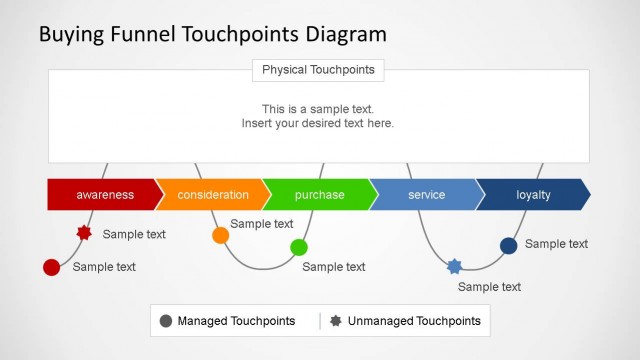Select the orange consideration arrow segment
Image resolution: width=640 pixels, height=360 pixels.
coord(212,195)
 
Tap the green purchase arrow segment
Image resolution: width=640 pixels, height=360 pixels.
coord(319,195)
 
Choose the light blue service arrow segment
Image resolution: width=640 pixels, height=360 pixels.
coord(426,195)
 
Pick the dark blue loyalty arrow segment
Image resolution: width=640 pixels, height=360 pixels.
coord(533,195)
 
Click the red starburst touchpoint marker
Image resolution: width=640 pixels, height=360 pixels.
coord(84,233)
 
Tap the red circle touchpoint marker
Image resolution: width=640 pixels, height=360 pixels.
coord(51,267)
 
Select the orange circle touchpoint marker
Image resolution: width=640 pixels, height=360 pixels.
coord(220,235)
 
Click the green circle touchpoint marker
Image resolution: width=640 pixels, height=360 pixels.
coord(299,247)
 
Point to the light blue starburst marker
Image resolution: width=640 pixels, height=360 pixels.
coord(455,266)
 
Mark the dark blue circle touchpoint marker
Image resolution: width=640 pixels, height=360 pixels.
coord(508,245)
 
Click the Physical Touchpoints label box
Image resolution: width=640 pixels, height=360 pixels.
coord(318,70)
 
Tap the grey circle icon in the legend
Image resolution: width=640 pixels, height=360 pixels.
coord(165,321)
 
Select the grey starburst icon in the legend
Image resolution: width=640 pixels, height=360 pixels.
coord(335,321)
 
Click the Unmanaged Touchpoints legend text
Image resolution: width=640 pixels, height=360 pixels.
coord(414,321)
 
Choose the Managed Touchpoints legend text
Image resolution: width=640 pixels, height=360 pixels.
coord(236,321)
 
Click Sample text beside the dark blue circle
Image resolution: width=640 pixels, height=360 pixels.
coord(556,244)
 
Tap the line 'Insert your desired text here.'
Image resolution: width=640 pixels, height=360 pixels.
coord(318,124)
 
